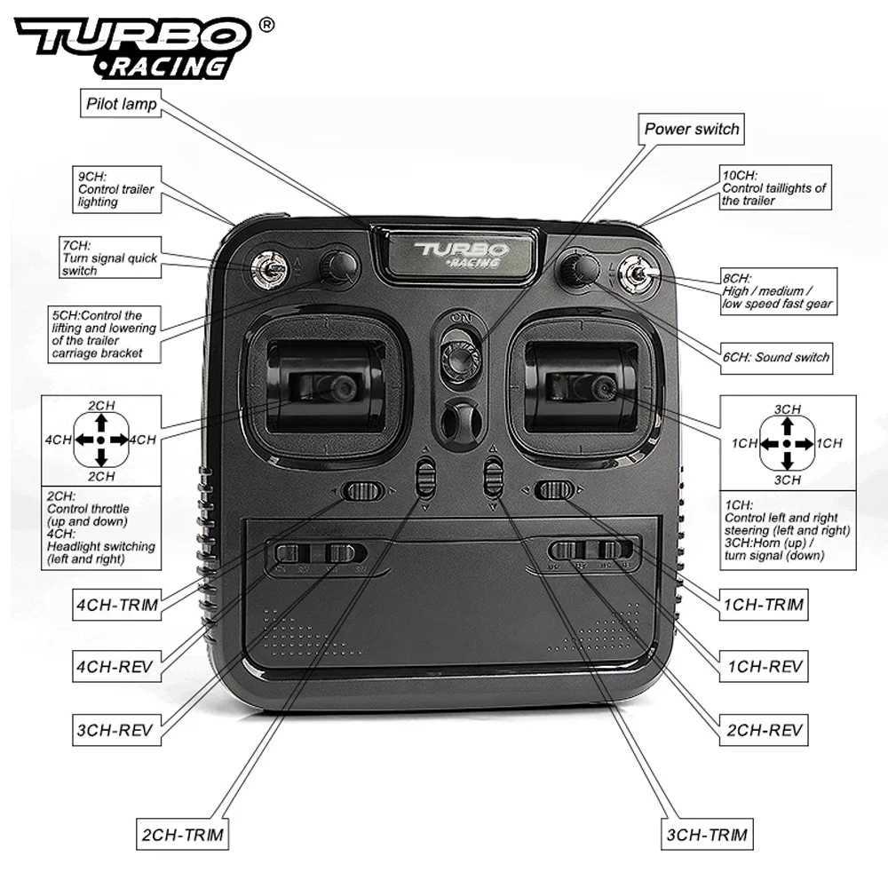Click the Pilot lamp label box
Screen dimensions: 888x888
pyautogui.click(x=122, y=104)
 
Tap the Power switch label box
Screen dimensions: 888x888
pyautogui.click(x=692, y=129)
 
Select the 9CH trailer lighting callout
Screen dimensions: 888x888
pyautogui.click(x=116, y=189)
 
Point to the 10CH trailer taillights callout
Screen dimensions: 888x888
pyautogui.click(x=774, y=188)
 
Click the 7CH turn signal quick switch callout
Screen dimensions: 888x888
pyautogui.click(x=110, y=258)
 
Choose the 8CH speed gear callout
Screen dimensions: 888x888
pyautogui.click(x=777, y=291)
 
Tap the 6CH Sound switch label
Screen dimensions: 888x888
pyautogui.click(x=775, y=357)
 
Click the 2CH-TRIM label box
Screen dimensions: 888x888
pyautogui.click(x=181, y=835)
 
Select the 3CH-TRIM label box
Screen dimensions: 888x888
pyautogui.click(x=706, y=835)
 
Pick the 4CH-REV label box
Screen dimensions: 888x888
pyautogui.click(x=114, y=663)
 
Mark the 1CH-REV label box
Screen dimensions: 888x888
pyautogui.click(x=765, y=666)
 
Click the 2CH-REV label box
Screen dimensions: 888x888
pyautogui.click(x=765, y=730)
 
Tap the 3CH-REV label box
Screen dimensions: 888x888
pyautogui.click(x=114, y=731)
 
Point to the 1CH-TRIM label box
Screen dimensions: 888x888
pyautogui.click(x=765, y=606)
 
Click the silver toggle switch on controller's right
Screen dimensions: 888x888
pyautogui.click(x=637, y=276)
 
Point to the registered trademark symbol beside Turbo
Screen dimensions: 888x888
pyautogui.click(x=266, y=26)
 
